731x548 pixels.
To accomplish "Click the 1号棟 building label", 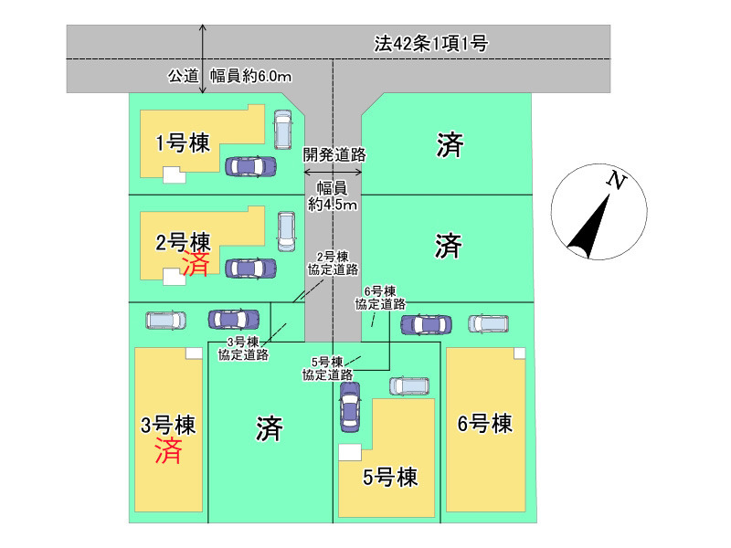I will (x=183, y=143).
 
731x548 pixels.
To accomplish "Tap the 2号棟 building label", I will (x=183, y=242).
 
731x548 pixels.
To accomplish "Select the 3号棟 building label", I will (x=169, y=425).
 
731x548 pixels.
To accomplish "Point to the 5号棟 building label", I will (x=390, y=477).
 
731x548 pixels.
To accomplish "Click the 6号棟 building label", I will (x=485, y=424).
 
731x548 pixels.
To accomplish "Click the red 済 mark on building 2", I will (x=195, y=265).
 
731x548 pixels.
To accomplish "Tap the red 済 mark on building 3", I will (x=168, y=451).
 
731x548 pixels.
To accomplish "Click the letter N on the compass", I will (x=617, y=181).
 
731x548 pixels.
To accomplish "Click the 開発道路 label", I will (x=334, y=155).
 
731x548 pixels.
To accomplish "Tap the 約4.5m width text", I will (x=333, y=205).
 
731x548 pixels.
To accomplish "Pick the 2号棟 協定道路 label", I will (x=334, y=263).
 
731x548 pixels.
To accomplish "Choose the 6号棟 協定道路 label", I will (x=380, y=298).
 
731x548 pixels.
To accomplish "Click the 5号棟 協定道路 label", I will (x=326, y=368).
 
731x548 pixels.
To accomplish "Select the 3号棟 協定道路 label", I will (x=248, y=348).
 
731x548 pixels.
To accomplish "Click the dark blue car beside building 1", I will (x=250, y=166).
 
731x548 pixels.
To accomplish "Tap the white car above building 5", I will (x=409, y=385).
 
